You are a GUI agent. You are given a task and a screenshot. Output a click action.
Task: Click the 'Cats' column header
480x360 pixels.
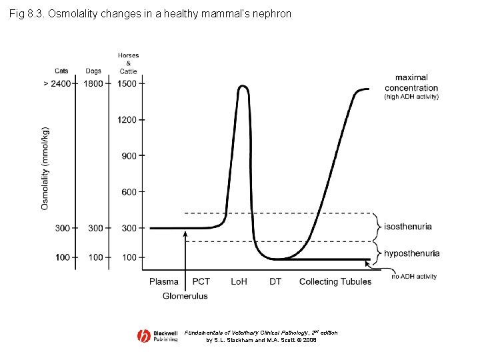pos(62,71)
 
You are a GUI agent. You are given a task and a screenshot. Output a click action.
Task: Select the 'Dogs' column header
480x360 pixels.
pos(94,71)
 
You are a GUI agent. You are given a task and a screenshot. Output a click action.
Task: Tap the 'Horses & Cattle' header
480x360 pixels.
pos(128,63)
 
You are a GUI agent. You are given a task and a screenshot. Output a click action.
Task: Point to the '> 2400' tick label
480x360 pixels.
pos(56,83)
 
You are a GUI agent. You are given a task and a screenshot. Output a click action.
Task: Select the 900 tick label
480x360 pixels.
pos(129,156)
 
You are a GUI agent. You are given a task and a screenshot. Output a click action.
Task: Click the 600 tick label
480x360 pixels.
pos(129,192)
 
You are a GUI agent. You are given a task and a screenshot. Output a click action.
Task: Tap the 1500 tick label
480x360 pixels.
pos(127,83)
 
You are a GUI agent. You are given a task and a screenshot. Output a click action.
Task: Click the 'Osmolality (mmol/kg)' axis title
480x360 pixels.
pos(45,168)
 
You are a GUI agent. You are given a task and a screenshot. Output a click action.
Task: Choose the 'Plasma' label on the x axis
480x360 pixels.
pos(164,281)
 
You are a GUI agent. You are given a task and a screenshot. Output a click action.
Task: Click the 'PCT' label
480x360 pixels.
pos(201,281)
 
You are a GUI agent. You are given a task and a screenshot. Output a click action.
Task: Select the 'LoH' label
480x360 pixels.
pos(239,281)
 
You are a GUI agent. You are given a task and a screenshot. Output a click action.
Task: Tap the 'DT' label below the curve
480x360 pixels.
pos(275,281)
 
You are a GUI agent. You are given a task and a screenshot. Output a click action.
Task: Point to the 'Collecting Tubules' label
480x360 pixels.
pos(335,281)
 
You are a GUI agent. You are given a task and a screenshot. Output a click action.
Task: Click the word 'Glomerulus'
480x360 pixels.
pos(185,295)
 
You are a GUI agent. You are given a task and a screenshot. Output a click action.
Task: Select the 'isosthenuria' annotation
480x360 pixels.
pos(408,227)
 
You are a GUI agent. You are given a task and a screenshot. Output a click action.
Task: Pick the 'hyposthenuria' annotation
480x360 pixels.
pos(412,253)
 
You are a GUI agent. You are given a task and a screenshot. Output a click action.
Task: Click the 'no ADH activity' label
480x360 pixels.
pos(414,276)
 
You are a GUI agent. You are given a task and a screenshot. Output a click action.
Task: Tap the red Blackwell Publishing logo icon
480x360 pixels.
pos(144,337)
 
